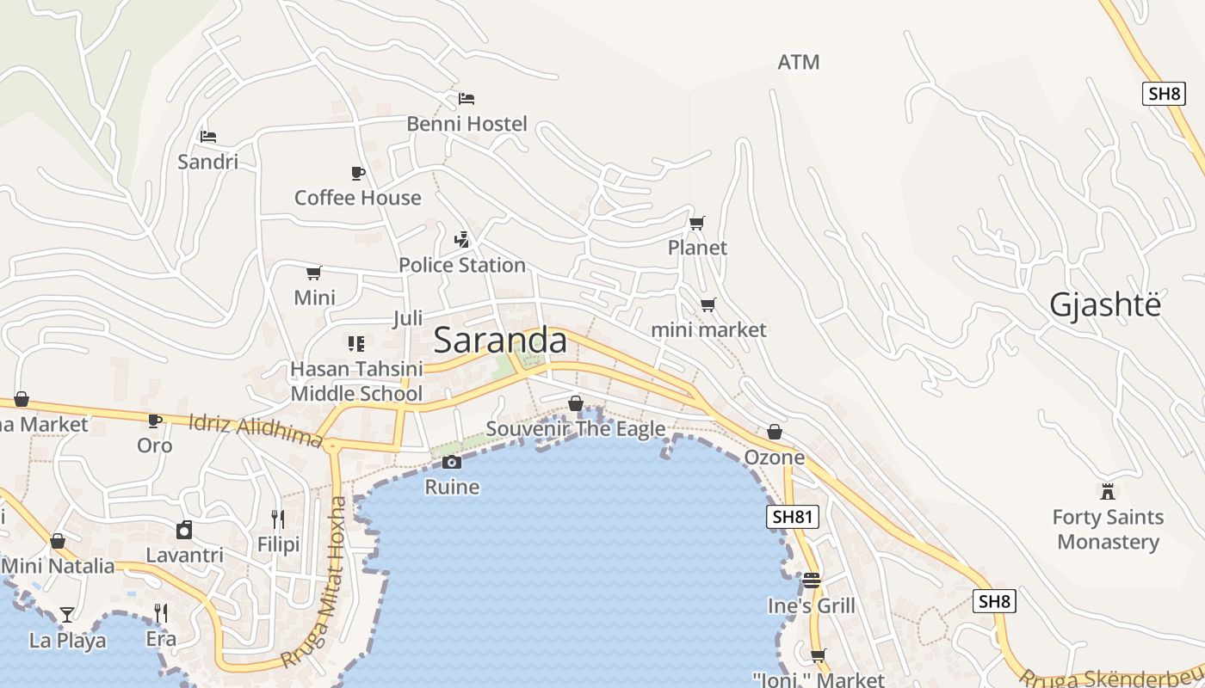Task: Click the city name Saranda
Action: coord(500,341)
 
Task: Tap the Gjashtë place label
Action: coord(1104,305)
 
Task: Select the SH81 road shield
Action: coord(792,517)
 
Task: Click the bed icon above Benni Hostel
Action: coord(467,99)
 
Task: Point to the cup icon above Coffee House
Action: coord(358,173)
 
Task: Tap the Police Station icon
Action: coord(462,239)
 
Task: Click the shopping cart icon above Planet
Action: coord(697,224)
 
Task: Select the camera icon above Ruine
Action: coord(452,463)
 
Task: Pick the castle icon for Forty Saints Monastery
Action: coord(1108,492)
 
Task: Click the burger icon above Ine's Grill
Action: coord(812,580)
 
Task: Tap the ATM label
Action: coord(798,62)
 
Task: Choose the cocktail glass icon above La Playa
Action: coord(67,615)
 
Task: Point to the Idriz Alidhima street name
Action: coord(256,432)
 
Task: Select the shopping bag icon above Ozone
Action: coord(775,432)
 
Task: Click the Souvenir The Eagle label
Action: coord(575,428)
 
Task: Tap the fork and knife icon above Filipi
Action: coord(278,519)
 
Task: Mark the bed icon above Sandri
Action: coord(208,137)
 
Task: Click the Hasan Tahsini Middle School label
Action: coord(356,381)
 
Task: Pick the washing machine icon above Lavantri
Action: coord(184,530)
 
